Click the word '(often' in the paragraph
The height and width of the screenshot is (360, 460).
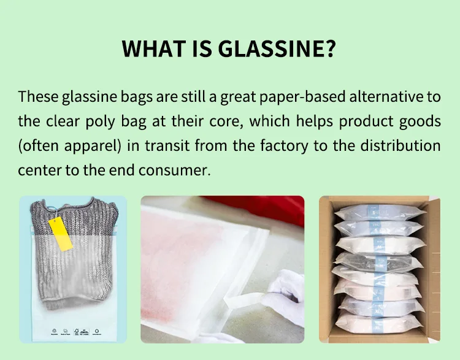(39, 145)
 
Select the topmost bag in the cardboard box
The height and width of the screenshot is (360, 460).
(378, 213)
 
